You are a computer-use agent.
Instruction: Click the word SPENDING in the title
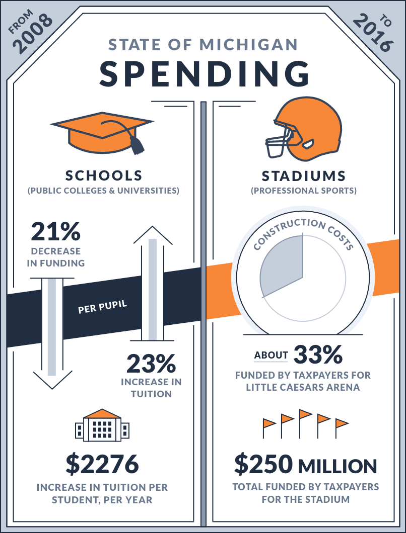point(205,74)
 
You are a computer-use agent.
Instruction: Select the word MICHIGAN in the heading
point(249,45)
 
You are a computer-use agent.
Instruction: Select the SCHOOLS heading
point(104,176)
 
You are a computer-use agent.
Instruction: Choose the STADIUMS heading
point(303,176)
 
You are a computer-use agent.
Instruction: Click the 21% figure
point(55,231)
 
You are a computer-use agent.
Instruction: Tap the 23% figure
point(151,364)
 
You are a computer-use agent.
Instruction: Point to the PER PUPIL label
point(103,307)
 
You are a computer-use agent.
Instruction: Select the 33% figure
point(318,354)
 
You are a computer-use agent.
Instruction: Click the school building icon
point(102,425)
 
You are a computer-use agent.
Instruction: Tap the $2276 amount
point(102,464)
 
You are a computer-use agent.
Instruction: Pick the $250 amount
point(263,464)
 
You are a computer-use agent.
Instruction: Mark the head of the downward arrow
point(52,380)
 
